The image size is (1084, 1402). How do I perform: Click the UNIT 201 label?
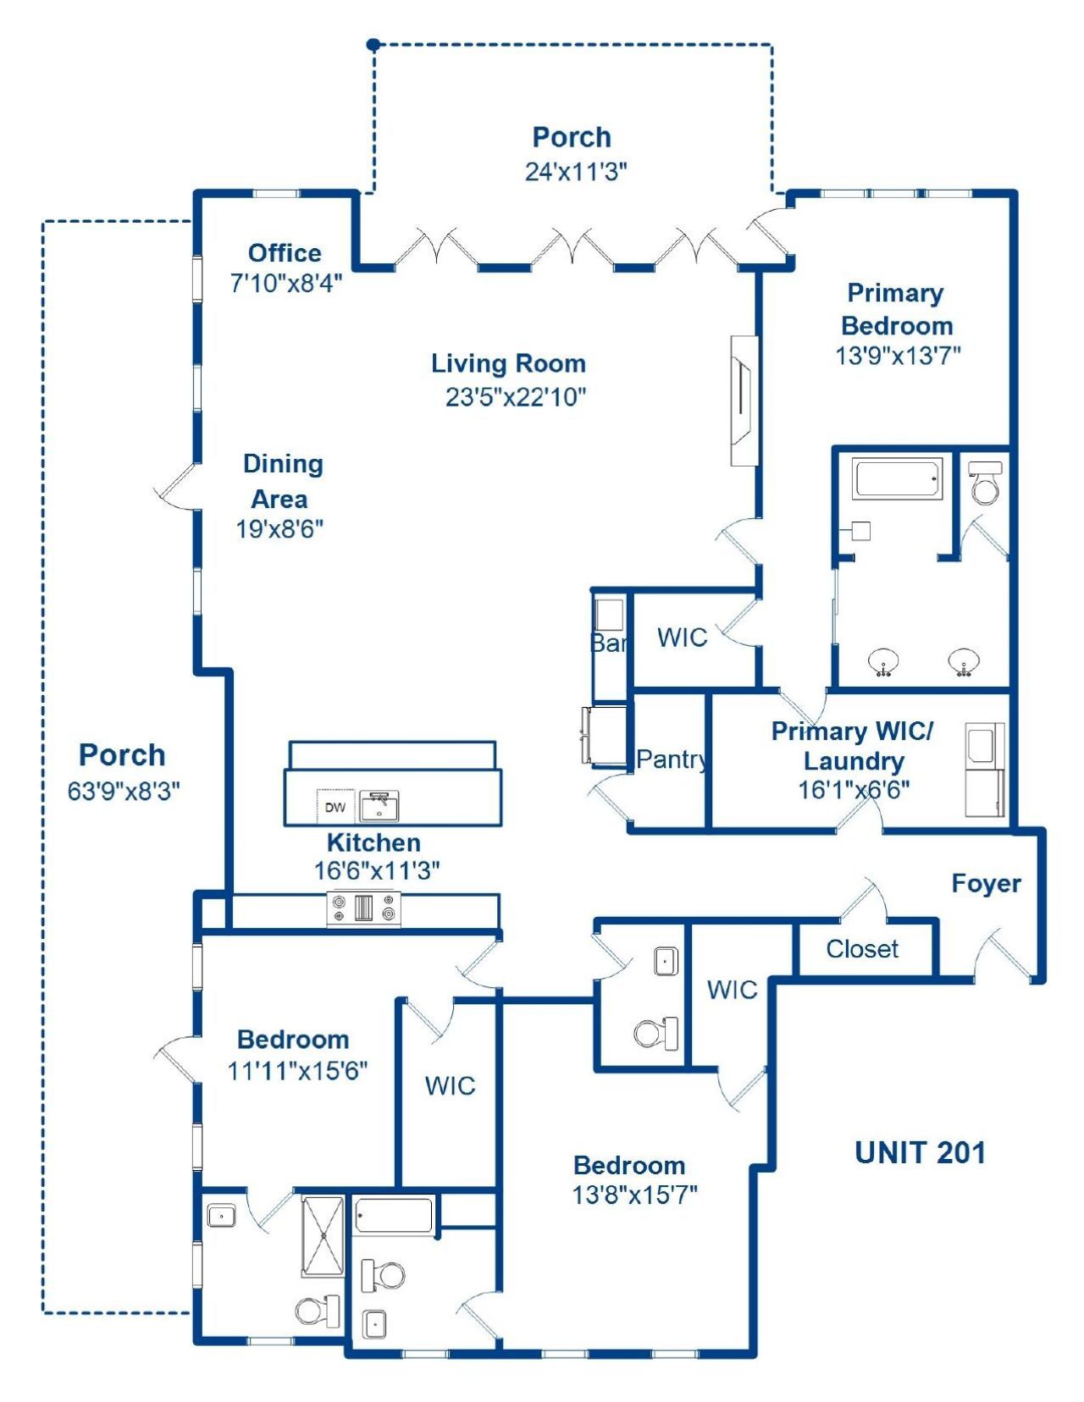click(x=920, y=1152)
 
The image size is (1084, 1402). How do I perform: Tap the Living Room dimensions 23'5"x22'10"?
click(x=516, y=396)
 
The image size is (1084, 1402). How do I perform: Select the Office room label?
click(x=285, y=252)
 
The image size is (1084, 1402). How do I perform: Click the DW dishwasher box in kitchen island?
click(x=335, y=807)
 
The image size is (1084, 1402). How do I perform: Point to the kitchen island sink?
click(x=379, y=806)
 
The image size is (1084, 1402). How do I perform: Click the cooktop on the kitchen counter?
click(x=364, y=908)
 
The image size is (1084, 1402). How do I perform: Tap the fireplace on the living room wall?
click(x=744, y=400)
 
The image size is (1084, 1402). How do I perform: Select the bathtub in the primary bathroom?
click(x=898, y=479)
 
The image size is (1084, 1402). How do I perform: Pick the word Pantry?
click(x=671, y=759)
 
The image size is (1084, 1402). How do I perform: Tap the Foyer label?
click(x=986, y=883)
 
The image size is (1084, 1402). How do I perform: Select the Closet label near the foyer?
click(x=862, y=948)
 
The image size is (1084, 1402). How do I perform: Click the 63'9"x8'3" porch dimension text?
click(x=124, y=791)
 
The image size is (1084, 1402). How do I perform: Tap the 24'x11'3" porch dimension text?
click(x=576, y=171)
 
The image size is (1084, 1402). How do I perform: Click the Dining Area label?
click(x=282, y=481)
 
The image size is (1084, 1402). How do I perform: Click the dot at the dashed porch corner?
click(x=373, y=44)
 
